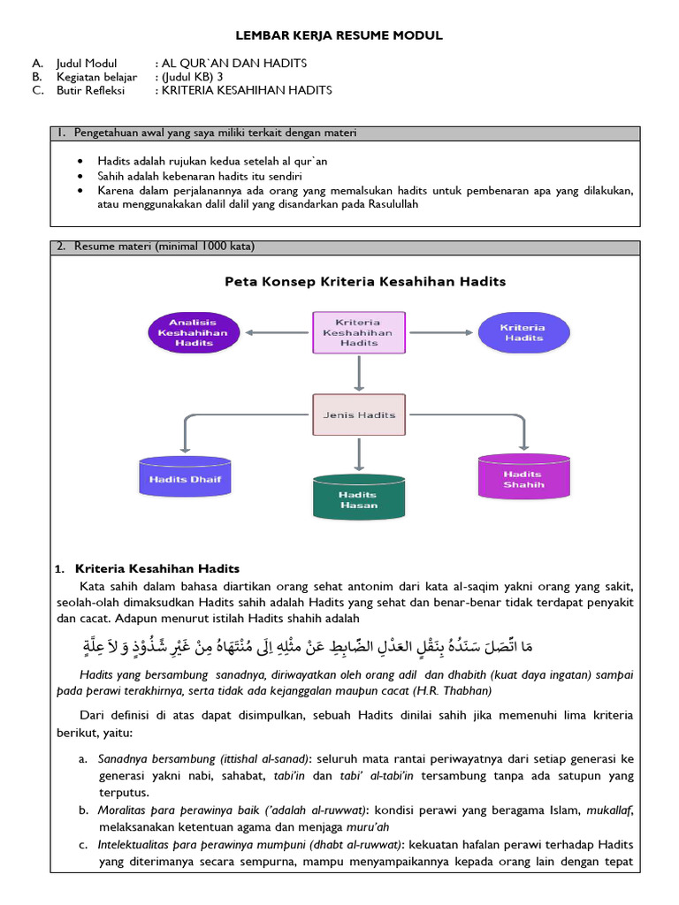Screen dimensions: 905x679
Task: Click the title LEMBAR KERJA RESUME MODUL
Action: (x=339, y=35)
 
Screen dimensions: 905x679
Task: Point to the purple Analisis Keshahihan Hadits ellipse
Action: (x=192, y=332)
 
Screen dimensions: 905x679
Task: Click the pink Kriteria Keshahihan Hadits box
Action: (x=358, y=332)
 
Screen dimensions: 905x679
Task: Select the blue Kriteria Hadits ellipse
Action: (x=522, y=332)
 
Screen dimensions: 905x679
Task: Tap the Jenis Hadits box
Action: (x=358, y=414)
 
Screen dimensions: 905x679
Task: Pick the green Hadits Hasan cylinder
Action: (x=358, y=498)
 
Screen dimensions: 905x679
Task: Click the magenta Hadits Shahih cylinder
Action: (x=523, y=478)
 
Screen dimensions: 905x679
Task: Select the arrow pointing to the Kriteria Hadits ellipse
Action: (x=439, y=332)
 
